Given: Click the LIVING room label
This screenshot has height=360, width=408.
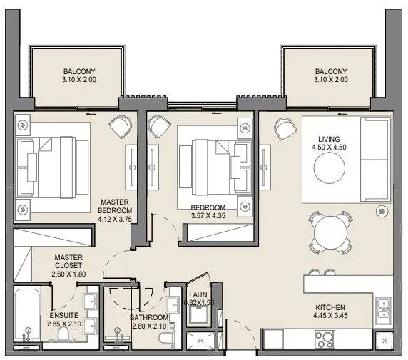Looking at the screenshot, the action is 329,139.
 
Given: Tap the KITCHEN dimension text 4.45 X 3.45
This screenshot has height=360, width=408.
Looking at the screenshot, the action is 330,316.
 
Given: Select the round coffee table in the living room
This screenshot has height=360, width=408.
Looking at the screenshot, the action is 330,168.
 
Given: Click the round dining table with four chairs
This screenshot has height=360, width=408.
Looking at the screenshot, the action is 330,233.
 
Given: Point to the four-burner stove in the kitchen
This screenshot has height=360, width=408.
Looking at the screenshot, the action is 324,339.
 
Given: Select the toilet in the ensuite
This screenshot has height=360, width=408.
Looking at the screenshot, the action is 63,334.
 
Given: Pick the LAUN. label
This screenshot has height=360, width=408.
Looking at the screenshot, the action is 199,295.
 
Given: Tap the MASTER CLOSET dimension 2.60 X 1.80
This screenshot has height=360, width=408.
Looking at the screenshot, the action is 68,274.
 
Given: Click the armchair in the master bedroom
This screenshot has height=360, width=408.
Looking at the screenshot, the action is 121,127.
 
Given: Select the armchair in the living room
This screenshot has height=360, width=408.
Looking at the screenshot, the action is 285,129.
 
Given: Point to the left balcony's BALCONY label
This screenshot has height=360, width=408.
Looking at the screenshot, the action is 79,71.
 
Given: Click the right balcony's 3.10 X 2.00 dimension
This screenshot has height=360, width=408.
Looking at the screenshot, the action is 331,80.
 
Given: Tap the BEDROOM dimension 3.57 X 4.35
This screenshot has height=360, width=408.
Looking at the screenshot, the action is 208,215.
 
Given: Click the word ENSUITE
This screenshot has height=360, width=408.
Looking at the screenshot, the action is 64,316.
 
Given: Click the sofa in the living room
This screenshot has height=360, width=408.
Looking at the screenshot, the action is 376,160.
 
